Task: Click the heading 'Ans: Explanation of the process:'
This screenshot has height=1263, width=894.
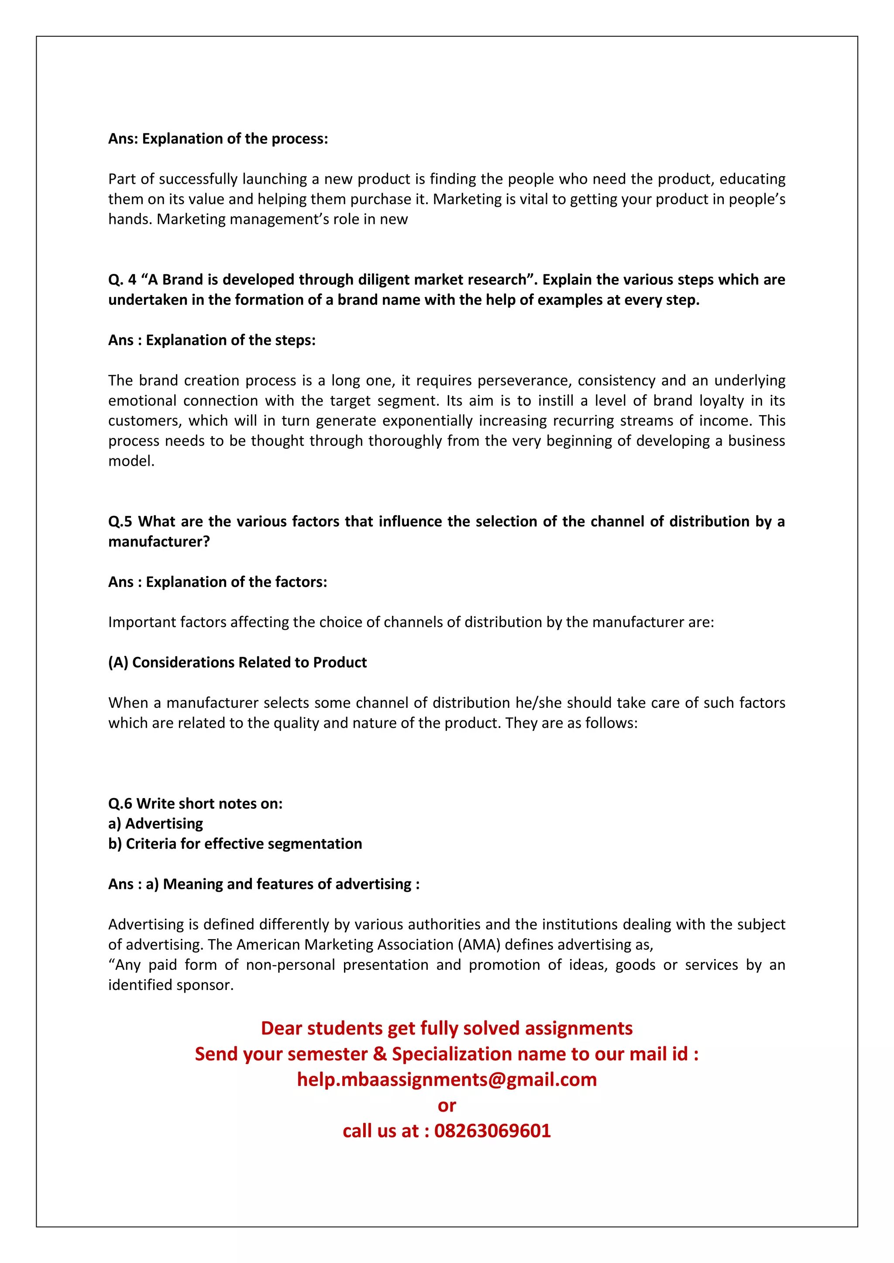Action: coord(218,139)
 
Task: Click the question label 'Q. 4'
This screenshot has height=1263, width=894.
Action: coord(122,280)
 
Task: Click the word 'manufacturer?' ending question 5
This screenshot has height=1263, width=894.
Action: coord(159,542)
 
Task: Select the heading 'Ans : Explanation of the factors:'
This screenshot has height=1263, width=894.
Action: coord(217,582)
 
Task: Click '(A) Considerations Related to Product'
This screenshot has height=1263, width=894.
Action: coord(237,662)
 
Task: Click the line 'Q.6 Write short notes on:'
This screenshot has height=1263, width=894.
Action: coord(196,804)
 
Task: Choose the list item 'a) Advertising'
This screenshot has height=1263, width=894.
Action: coord(156,823)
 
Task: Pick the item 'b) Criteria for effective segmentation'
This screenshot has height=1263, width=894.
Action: coord(235,844)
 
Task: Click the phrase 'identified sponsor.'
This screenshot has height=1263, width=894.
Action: coord(171,985)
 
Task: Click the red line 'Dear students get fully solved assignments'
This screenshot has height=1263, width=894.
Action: coord(447,1028)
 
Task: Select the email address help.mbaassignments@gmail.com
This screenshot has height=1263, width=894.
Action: coord(447,1079)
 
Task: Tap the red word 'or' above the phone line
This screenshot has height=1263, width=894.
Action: coord(447,1105)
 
